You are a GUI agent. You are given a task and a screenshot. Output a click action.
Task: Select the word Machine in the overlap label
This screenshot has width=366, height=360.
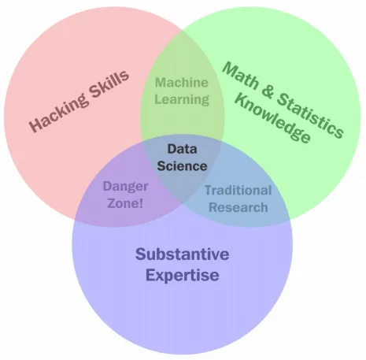182,83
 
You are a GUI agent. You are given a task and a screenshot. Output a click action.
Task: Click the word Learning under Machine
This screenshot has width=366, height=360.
182,99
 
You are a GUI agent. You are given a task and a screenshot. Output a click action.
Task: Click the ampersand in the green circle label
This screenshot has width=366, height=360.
268,92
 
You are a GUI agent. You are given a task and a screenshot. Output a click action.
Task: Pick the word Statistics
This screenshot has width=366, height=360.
310,115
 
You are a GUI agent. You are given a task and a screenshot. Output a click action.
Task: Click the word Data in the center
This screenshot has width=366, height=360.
182,149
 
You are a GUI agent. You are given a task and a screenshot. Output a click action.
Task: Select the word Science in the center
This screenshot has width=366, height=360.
182,166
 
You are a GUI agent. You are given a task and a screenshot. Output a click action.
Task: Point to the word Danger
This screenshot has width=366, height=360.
125,187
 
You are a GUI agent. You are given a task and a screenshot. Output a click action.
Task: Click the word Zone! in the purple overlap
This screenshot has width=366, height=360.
125,203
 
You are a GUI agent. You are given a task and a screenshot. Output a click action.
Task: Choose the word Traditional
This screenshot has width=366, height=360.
238,190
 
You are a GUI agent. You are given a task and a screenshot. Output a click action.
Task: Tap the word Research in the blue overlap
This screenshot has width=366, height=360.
238,207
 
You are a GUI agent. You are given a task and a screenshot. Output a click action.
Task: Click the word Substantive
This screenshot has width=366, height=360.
183,254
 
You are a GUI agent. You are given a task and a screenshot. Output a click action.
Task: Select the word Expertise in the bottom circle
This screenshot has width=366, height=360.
183,275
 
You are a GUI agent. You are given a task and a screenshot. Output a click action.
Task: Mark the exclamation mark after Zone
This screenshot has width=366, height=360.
141,203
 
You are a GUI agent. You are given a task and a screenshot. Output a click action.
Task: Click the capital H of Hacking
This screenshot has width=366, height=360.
35,124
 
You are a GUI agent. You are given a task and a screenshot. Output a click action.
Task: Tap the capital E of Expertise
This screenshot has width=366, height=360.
151,275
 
